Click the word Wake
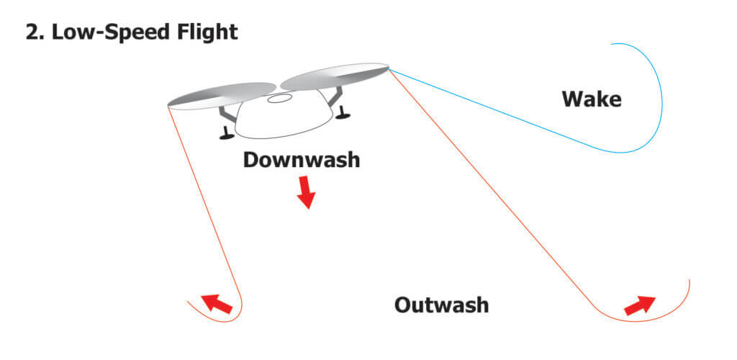pos(591,99)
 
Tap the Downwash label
pos(301,159)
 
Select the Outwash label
pos(441,305)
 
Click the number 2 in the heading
pos(32,32)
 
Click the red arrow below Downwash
pos(306,192)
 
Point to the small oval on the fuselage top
pos(279,99)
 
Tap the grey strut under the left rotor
pos(227,114)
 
